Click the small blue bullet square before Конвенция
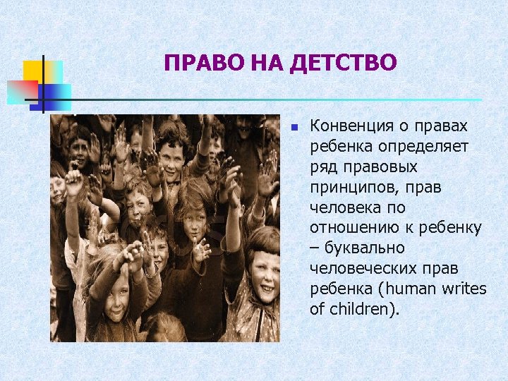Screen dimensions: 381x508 pos(296,128)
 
